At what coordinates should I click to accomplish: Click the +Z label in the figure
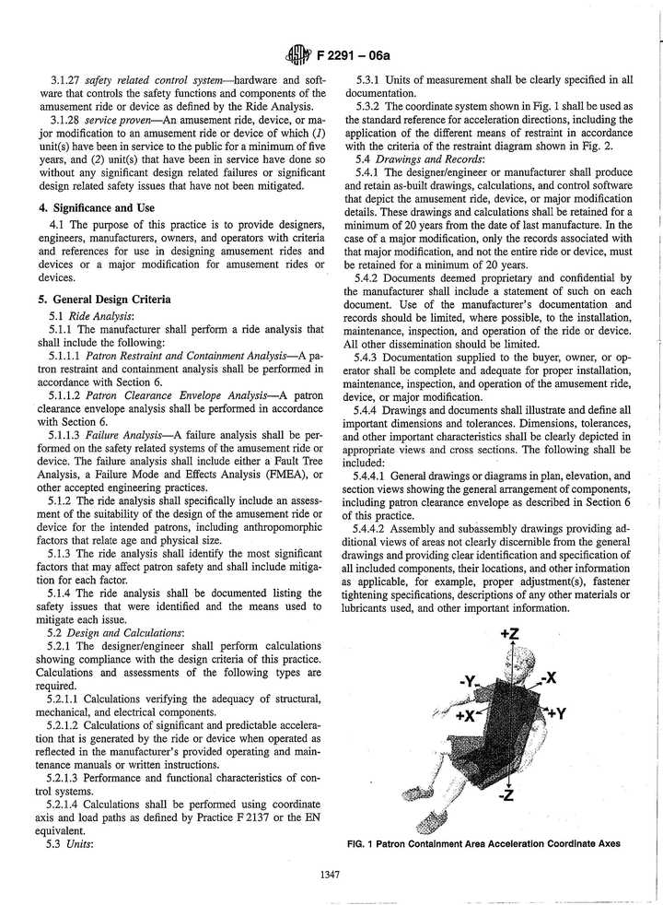point(510,634)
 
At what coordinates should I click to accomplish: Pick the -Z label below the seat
point(505,795)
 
